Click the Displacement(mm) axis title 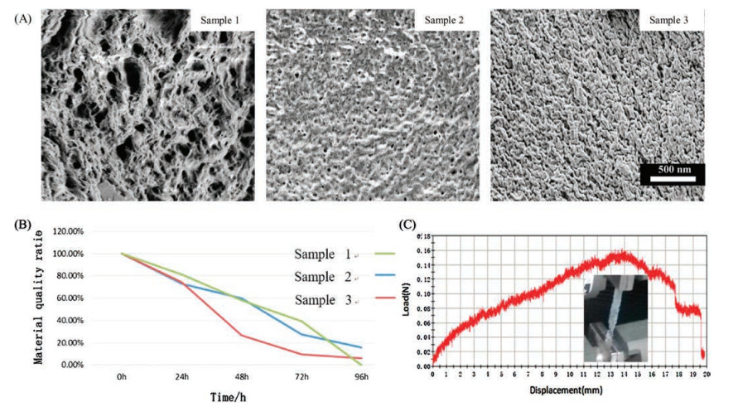(567, 387)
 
